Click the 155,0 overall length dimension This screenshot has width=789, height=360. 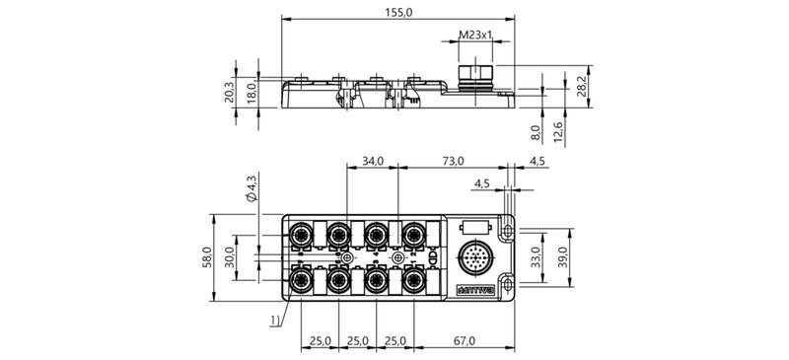[x=398, y=12]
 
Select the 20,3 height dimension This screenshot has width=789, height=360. [x=231, y=92]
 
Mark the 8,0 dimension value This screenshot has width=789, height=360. [x=536, y=131]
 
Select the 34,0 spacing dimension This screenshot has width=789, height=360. [x=372, y=160]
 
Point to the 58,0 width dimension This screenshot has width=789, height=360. [x=208, y=256]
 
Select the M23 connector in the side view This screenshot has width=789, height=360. [x=477, y=74]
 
